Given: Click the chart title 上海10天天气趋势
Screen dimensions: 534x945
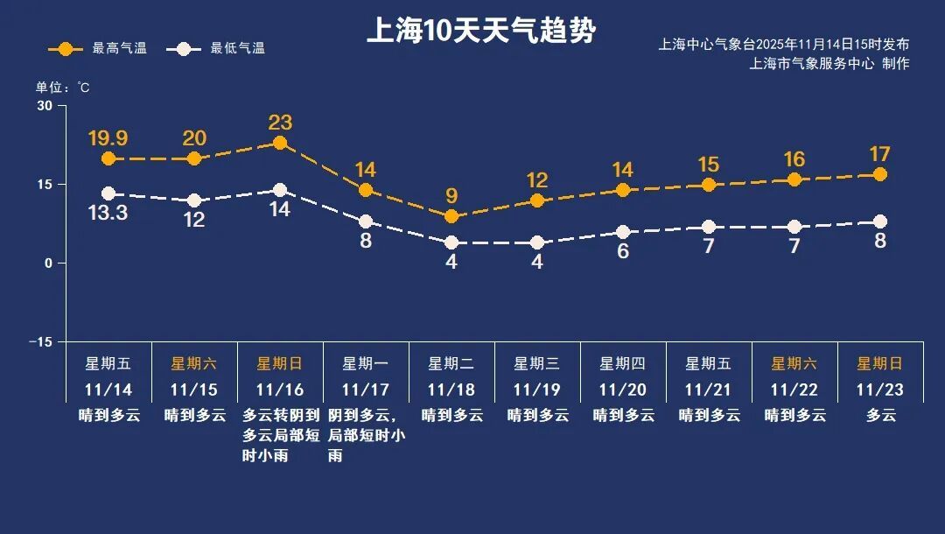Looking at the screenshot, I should tap(480, 32).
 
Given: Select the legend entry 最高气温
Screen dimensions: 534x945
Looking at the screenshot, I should tap(97, 49).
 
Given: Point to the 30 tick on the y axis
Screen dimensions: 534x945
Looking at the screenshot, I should tap(45, 106).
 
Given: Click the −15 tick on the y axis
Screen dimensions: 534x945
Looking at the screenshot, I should tap(41, 341).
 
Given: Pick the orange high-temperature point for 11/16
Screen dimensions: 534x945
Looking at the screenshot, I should tap(280, 143).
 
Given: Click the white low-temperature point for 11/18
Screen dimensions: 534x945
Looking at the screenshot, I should tap(451, 242).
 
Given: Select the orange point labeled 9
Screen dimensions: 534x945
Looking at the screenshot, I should tap(451, 216).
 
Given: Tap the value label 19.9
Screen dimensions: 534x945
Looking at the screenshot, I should tap(108, 138).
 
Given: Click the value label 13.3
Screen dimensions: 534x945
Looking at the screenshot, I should tap(108, 213).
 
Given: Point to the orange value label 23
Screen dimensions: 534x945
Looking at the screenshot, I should tap(280, 123).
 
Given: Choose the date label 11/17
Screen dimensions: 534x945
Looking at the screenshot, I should tap(366, 390).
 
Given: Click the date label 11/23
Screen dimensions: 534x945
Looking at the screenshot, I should tap(880, 390).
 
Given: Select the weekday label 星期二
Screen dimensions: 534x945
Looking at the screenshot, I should tap(451, 363).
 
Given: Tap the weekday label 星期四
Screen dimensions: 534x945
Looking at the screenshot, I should tap(623, 363).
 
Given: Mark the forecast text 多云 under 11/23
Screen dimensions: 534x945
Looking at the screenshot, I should tap(880, 416).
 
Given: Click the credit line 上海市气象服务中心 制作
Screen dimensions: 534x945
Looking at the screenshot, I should tap(829, 64).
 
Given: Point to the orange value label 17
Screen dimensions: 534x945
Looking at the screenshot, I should tap(880, 155).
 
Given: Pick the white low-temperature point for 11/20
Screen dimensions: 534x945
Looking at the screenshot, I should tap(623, 232).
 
